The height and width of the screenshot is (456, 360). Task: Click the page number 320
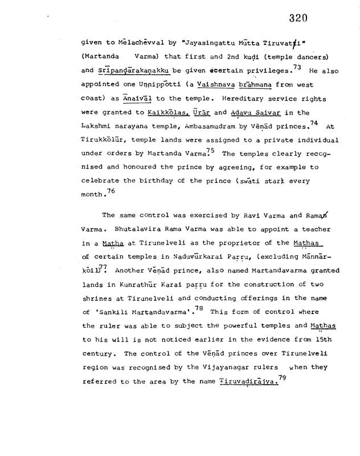(x=298, y=18)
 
